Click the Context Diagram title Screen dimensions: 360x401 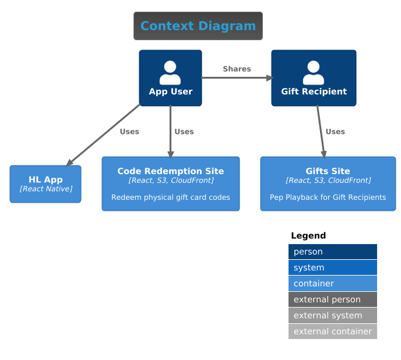tap(198, 26)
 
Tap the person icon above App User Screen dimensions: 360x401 tap(170, 73)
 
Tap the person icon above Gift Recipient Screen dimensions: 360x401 tap(314, 73)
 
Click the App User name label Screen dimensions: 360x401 tap(170, 91)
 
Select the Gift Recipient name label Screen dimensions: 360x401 tap(314, 91)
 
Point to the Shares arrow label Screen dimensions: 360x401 tap(237, 69)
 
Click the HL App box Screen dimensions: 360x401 tap(45, 184)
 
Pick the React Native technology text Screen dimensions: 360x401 tap(45, 189)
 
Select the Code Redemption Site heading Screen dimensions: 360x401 tap(170, 171)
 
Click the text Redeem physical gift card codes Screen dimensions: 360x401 tap(170, 197)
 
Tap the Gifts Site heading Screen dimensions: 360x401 tap(328, 171)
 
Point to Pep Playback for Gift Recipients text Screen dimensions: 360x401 tap(328, 197)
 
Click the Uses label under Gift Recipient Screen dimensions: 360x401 tap(335, 132)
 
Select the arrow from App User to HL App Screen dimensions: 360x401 tap(104, 135)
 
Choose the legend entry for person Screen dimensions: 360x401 tap(333, 252)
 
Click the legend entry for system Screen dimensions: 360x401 tap(333, 268)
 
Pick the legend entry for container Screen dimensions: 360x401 tap(333, 284)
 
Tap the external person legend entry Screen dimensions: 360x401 tap(333, 299)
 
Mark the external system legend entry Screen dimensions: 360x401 tap(333, 316)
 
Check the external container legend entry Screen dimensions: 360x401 tap(333, 331)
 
